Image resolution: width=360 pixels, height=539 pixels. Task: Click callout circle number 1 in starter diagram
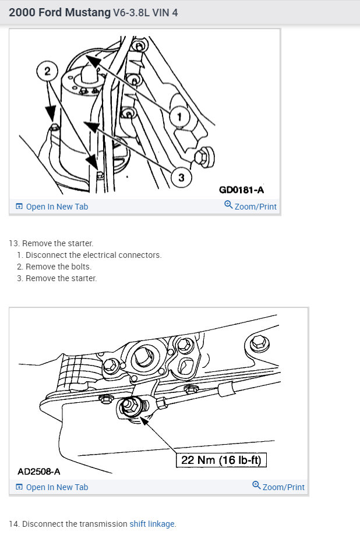click(179, 116)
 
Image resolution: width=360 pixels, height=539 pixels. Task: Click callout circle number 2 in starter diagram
click(47, 71)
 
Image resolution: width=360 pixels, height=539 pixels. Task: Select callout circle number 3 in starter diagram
click(181, 178)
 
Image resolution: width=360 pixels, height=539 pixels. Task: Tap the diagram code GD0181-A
click(242, 190)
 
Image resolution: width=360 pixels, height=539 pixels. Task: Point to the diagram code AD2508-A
click(39, 471)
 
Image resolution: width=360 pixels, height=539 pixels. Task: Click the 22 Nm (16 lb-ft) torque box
click(221, 460)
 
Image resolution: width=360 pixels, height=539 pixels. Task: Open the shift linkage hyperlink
click(152, 524)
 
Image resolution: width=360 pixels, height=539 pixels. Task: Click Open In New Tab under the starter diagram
click(52, 207)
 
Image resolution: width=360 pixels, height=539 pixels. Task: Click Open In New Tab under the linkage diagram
click(52, 487)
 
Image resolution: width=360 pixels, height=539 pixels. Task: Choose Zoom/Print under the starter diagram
click(250, 206)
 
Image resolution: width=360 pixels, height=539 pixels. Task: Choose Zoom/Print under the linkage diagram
click(278, 487)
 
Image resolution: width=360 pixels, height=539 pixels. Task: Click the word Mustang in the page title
click(88, 12)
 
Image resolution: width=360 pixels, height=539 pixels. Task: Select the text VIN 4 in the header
click(165, 13)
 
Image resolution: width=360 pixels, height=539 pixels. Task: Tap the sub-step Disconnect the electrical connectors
click(89, 255)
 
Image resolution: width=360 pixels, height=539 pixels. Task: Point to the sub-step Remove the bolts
click(54, 267)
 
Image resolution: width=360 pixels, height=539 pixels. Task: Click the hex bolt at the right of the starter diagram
click(204, 157)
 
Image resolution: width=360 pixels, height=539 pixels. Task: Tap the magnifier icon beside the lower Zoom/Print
click(256, 485)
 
